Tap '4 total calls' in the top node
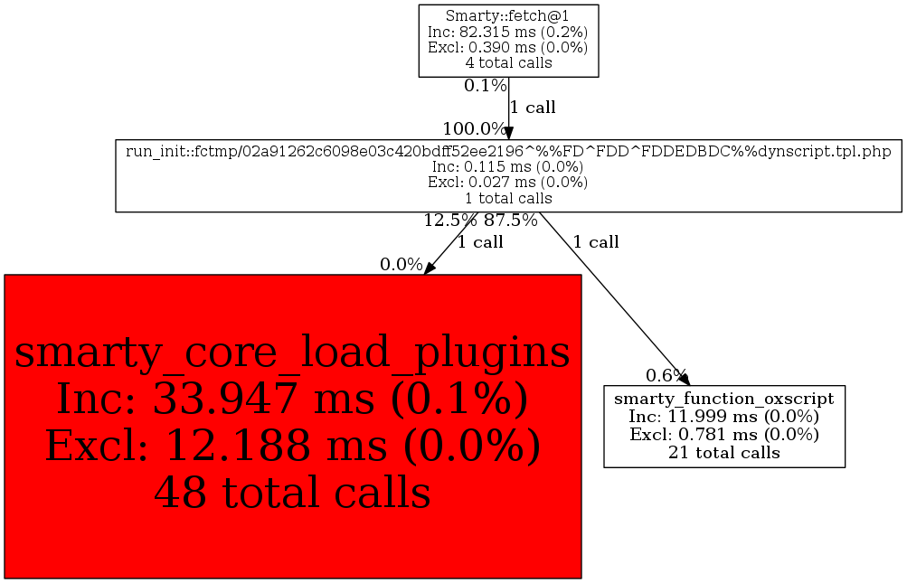point(507,63)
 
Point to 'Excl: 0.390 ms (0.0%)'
point(507,47)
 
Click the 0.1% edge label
point(485,86)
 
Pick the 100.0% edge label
point(474,128)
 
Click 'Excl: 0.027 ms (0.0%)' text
point(507,182)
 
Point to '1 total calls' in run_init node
point(507,198)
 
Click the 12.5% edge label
point(450,220)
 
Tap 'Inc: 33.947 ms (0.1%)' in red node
point(292,399)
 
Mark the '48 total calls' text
point(292,493)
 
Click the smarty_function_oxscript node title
point(723,399)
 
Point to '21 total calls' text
point(723,452)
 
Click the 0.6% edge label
point(666,375)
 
